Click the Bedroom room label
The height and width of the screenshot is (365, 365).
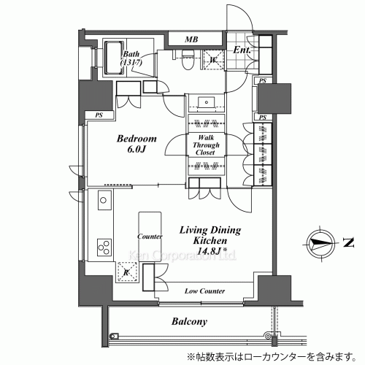point(139,139)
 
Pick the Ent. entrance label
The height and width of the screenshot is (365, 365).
point(242,50)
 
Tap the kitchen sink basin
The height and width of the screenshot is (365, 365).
point(103,200)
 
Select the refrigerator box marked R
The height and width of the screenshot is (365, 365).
point(107,272)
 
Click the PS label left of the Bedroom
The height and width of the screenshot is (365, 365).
point(99,115)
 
